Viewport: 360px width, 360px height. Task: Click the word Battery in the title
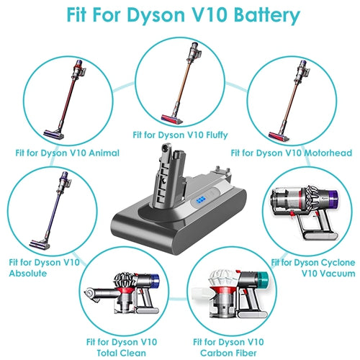(267, 15)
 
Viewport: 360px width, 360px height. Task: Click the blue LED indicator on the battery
(200, 199)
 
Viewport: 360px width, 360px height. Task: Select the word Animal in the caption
(104, 153)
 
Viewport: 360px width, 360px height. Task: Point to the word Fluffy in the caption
(217, 135)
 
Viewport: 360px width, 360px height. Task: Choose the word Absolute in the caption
(28, 274)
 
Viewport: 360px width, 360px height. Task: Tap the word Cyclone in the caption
(338, 263)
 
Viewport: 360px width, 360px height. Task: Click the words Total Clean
(121, 353)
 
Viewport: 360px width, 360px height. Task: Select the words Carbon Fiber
(228, 353)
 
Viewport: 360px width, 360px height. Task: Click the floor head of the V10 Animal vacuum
(54, 135)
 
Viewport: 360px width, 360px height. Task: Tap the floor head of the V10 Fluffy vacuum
(172, 119)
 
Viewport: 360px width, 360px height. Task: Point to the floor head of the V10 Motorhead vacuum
(279, 137)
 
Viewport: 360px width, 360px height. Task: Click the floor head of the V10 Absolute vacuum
(40, 244)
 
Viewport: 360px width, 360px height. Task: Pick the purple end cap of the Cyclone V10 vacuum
(333, 199)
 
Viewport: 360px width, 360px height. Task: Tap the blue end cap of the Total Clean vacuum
(155, 281)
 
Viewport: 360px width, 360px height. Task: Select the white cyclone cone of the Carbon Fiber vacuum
(223, 278)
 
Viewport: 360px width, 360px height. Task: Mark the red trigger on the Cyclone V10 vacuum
(292, 213)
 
